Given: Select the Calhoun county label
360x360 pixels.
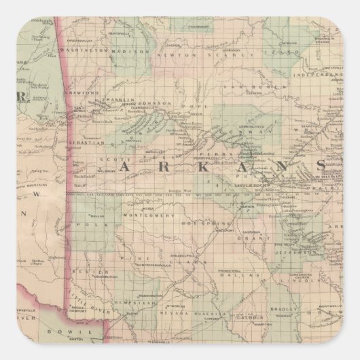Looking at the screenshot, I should [250, 316].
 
